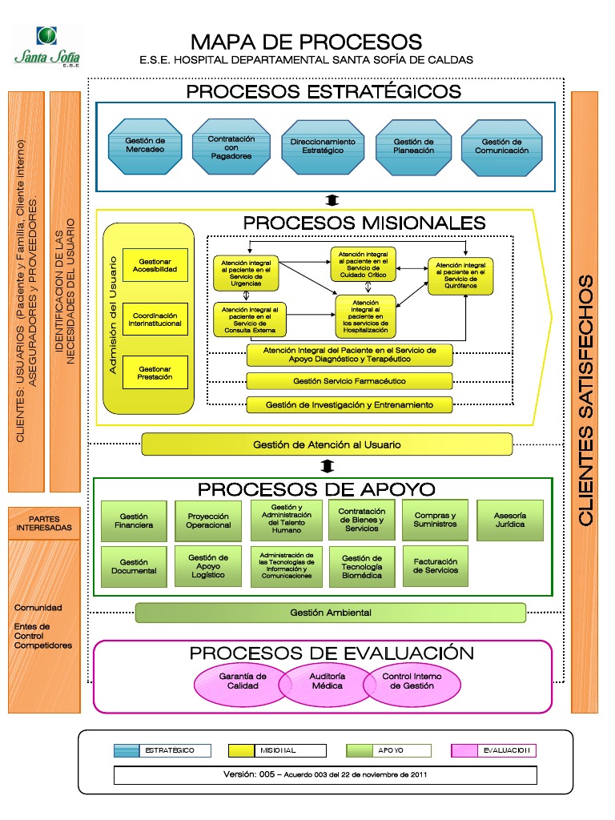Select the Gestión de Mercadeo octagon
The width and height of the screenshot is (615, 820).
(x=145, y=146)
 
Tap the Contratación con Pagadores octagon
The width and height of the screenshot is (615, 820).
(x=231, y=147)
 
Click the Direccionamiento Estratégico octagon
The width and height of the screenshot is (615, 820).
(x=323, y=147)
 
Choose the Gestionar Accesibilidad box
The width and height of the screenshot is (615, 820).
(x=155, y=266)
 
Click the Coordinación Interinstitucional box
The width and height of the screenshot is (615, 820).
(x=155, y=320)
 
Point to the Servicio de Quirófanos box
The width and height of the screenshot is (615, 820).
(x=460, y=276)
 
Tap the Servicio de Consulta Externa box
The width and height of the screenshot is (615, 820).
(x=251, y=319)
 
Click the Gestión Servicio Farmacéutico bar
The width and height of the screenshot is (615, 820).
(x=349, y=381)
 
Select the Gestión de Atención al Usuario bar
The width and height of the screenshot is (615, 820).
(x=327, y=444)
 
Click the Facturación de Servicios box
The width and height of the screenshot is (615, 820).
(x=436, y=566)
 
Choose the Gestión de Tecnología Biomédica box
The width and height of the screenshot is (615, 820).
(x=361, y=566)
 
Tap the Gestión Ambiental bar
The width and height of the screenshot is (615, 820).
(x=330, y=613)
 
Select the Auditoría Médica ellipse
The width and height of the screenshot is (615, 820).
(x=327, y=681)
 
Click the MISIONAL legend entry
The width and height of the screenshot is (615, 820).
(x=277, y=750)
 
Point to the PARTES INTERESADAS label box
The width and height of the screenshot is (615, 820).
(x=44, y=524)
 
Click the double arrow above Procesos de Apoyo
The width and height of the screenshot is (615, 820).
(x=327, y=466)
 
